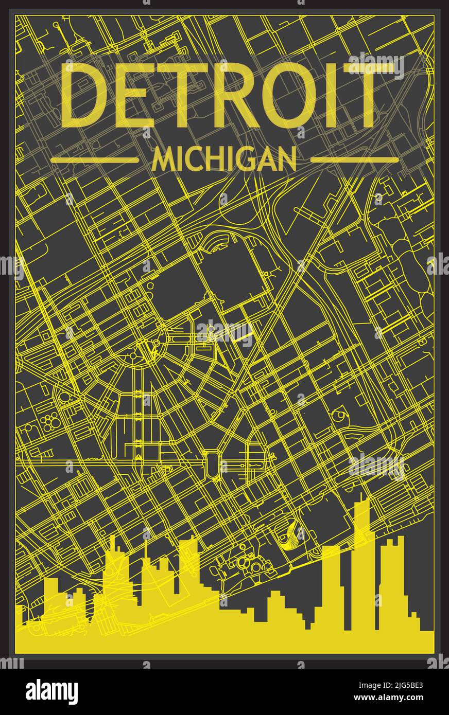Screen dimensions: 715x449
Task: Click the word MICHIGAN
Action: tap(224, 159)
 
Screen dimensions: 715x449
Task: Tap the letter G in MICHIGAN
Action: tap(243, 159)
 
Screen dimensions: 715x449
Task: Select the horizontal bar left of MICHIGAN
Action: tap(95, 160)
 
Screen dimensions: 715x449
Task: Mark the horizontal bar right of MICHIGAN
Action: tap(355, 160)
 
